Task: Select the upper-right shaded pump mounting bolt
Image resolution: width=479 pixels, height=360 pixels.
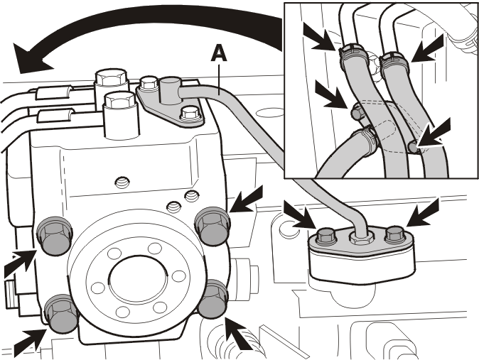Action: click(212, 225)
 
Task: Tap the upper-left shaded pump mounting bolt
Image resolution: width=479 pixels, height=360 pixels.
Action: click(55, 235)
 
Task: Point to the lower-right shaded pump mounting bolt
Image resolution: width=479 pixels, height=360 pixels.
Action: click(213, 299)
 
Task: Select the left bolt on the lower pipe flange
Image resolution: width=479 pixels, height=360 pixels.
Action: click(327, 235)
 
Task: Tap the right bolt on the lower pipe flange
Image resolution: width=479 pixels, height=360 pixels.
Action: click(395, 235)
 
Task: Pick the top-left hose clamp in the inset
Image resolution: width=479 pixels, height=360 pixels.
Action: click(351, 51)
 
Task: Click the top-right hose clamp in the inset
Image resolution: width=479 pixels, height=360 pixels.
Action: click(394, 60)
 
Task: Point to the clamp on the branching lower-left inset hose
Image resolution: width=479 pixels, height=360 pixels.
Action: click(366, 136)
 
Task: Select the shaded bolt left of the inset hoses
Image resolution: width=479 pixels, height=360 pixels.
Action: click(357, 112)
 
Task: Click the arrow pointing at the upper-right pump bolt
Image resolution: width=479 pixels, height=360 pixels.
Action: click(247, 200)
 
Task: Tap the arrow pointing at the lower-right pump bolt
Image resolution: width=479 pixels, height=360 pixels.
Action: click(238, 333)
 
